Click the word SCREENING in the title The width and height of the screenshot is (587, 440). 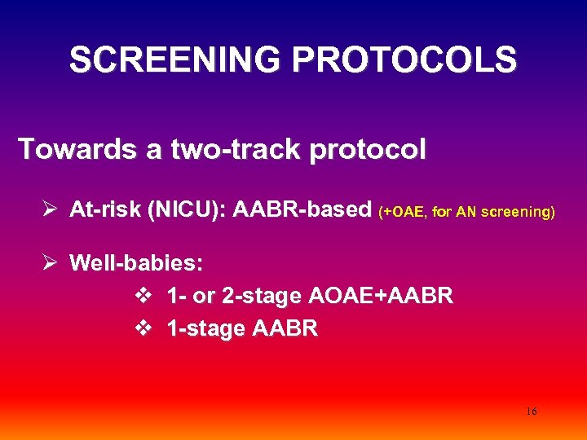point(175,60)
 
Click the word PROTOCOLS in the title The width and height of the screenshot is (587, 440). point(404,60)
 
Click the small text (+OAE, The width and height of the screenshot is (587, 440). point(401,213)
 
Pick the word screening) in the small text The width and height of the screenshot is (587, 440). point(519,213)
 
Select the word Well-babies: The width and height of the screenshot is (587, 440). point(136,263)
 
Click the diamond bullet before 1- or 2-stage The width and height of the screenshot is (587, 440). point(143,296)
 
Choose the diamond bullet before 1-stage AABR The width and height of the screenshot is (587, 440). point(143,328)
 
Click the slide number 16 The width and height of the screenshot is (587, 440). point(532,411)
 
